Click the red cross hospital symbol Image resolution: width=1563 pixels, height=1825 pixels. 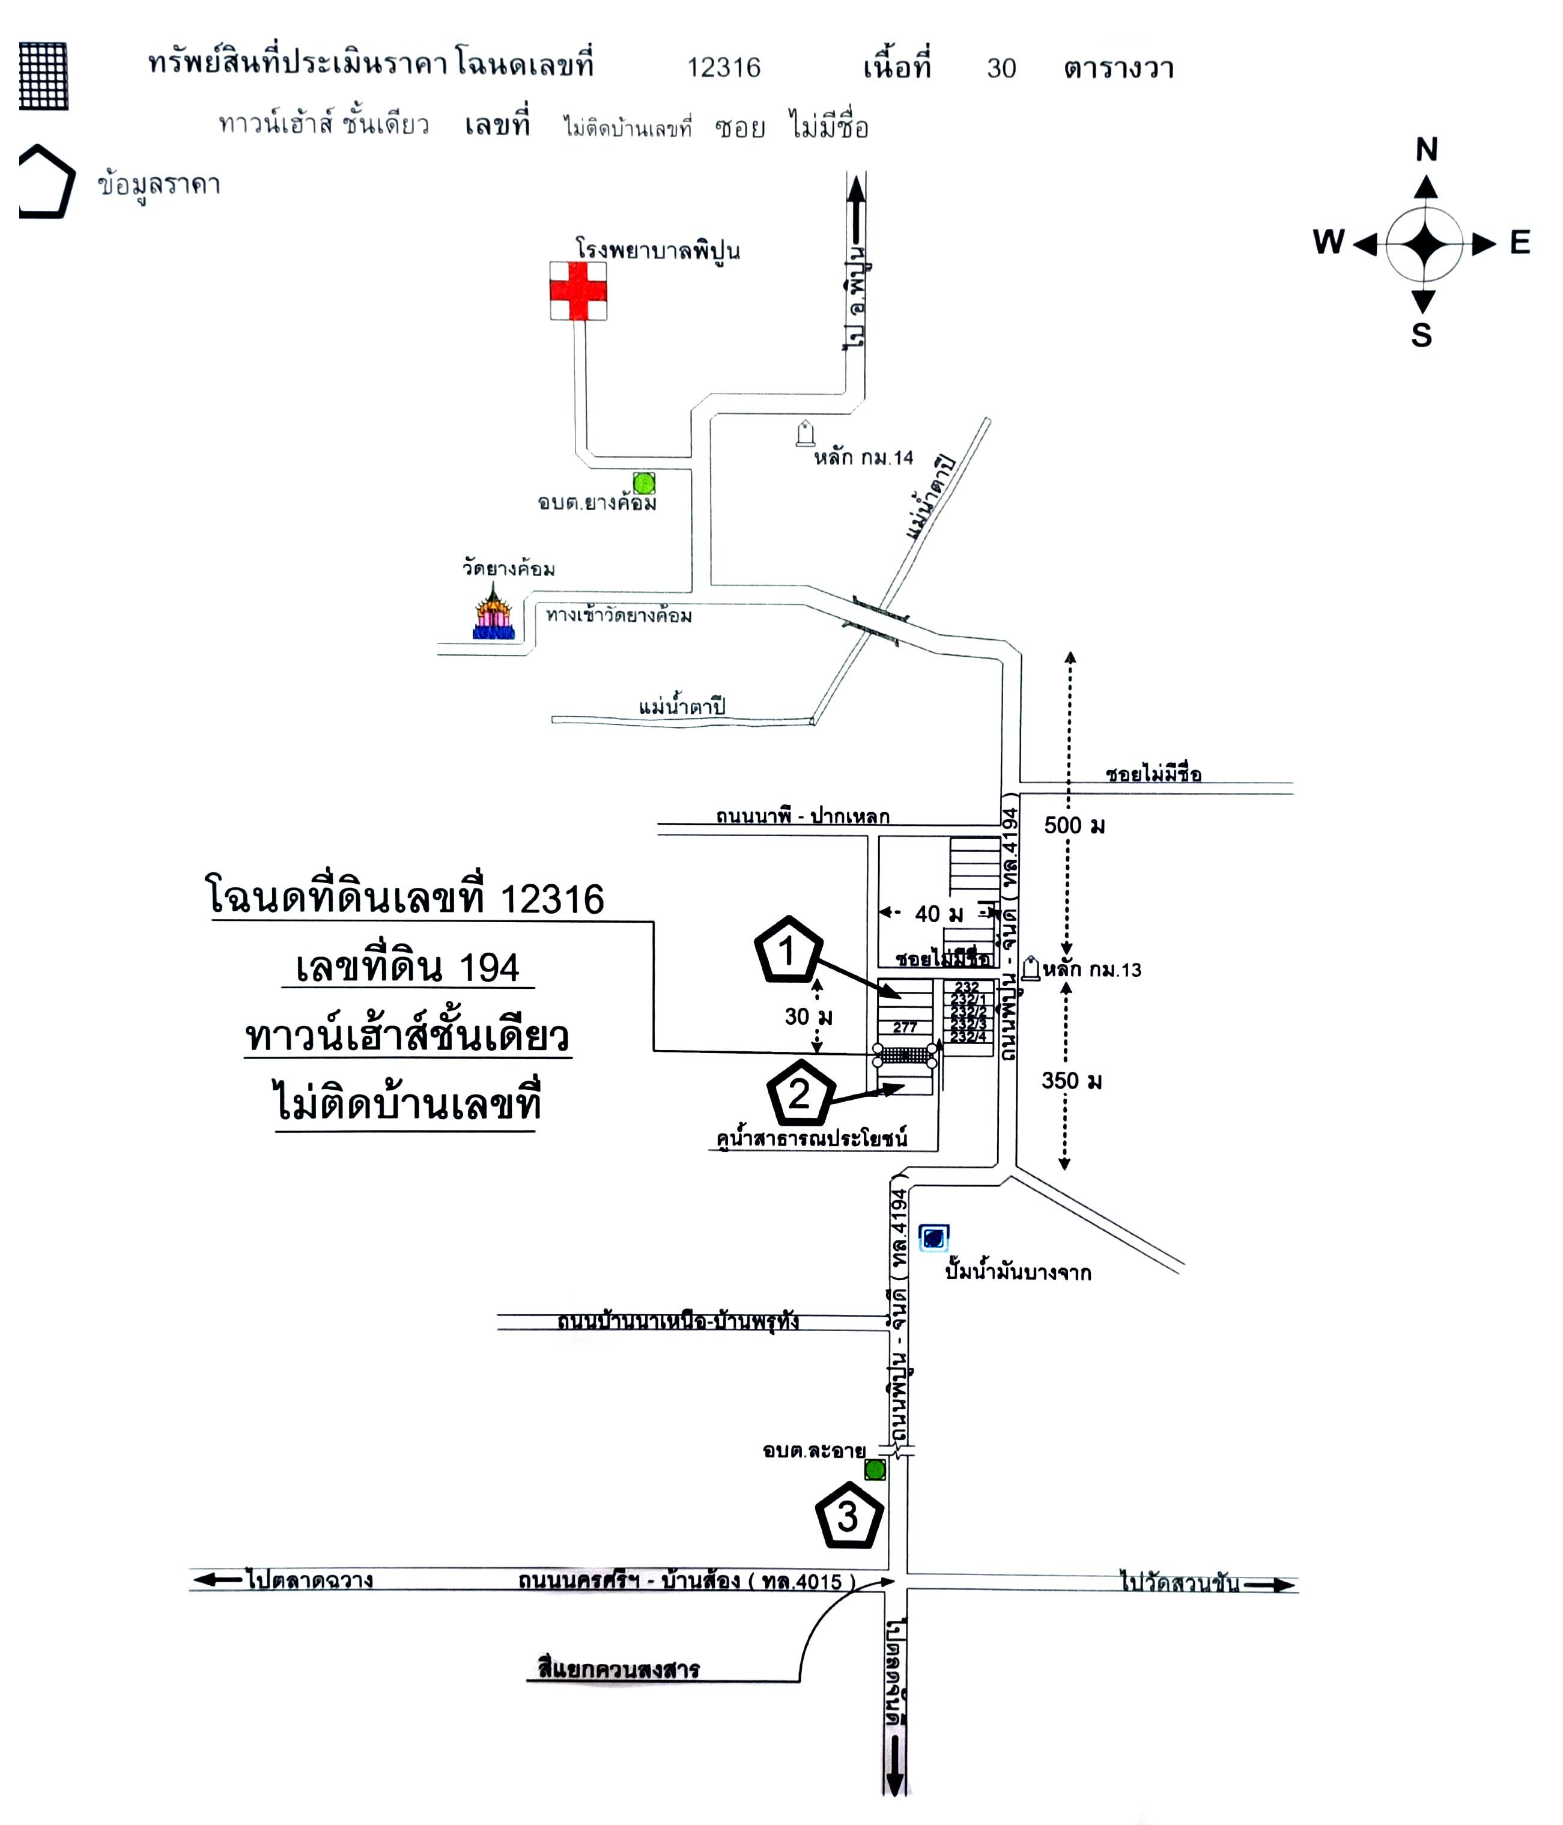pos(578,291)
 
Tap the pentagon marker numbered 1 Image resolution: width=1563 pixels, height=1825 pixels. pos(788,950)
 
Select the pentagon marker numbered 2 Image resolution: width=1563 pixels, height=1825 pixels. pos(800,1093)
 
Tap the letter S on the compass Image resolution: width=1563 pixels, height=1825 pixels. pos(1421,336)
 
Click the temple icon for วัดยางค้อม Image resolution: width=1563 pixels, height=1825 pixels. pos(493,612)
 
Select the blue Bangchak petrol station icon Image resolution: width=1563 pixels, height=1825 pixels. pos(933,1237)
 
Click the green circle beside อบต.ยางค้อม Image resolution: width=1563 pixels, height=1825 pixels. pos(645,482)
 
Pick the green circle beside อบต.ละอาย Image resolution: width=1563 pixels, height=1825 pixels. pos(875,1469)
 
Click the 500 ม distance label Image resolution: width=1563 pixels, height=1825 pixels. pos(1074,825)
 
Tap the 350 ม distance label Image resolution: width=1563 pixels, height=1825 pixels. pos(1072,1081)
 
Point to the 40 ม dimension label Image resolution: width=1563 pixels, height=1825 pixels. pos(939,913)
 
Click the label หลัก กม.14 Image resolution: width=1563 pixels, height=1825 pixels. pos(863,457)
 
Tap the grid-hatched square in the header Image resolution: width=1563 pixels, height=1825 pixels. pos(43,76)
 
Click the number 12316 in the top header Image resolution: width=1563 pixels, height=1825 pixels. pos(723,68)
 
